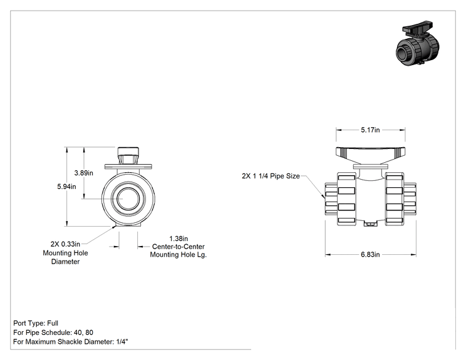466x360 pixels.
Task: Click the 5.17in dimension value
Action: coord(370,130)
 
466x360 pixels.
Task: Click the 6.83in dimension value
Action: coord(370,255)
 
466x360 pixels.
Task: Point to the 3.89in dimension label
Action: coord(83,173)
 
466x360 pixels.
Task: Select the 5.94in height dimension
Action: coord(66,187)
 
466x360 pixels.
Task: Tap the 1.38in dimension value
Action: coord(179,239)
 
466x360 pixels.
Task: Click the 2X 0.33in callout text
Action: coord(65,244)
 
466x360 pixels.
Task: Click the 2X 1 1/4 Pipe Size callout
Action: coord(271,176)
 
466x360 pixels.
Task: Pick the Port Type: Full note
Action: coord(36,323)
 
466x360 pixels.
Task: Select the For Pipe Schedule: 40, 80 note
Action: coord(53,332)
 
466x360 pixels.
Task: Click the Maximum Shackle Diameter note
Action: coord(70,342)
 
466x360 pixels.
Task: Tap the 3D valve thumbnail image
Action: coord(418,43)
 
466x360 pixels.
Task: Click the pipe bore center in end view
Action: coord(128,198)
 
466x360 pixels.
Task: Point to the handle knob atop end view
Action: coord(128,155)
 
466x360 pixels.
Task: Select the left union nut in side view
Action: coord(346,199)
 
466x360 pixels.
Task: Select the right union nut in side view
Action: coord(395,199)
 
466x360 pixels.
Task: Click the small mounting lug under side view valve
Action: coord(370,223)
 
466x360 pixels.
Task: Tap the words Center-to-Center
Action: coord(179,247)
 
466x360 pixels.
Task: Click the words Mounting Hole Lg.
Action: coord(179,255)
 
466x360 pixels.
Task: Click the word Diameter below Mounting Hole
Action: coord(65,262)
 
